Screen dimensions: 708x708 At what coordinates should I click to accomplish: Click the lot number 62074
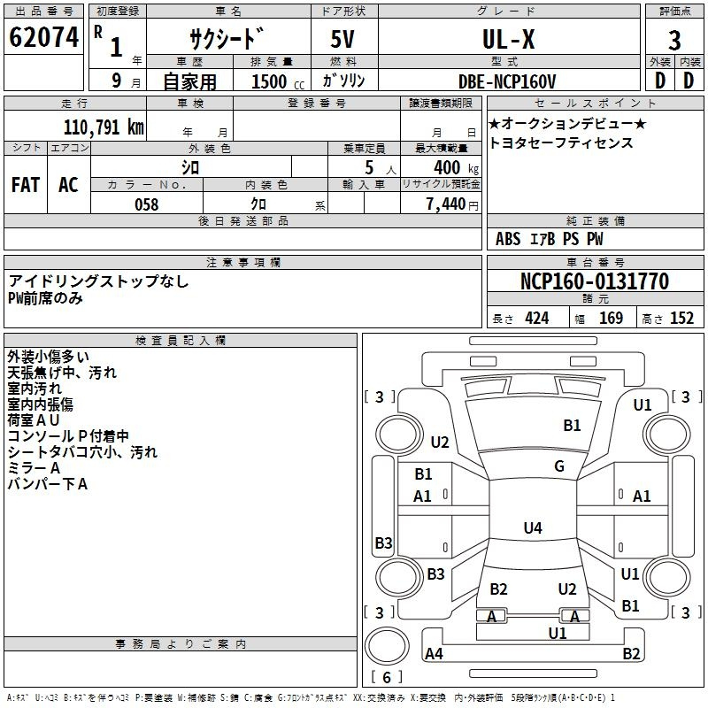click(43, 38)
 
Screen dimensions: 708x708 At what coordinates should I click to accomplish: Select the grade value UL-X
click(507, 39)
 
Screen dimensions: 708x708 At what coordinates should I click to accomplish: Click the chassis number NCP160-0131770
click(594, 281)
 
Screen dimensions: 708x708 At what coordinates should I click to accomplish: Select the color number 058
click(146, 204)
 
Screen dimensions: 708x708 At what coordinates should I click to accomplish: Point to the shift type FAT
click(25, 185)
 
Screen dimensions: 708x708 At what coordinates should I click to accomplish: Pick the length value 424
click(536, 319)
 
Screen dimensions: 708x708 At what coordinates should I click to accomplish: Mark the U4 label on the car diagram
click(532, 528)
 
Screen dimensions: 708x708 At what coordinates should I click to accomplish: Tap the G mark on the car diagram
click(559, 466)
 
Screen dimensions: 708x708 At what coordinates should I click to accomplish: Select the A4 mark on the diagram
click(434, 654)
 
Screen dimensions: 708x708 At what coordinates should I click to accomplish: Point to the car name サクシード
click(227, 39)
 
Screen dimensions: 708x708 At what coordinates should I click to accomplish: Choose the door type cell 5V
click(343, 39)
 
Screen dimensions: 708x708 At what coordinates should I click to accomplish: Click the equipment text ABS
click(508, 239)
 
